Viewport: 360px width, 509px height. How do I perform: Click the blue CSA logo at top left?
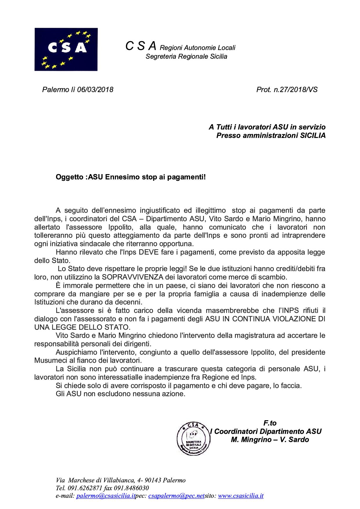[66, 49]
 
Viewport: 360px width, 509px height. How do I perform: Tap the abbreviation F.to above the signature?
[270, 423]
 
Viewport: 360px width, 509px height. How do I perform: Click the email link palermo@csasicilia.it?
[106, 496]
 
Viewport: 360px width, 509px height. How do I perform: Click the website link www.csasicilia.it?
[240, 496]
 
